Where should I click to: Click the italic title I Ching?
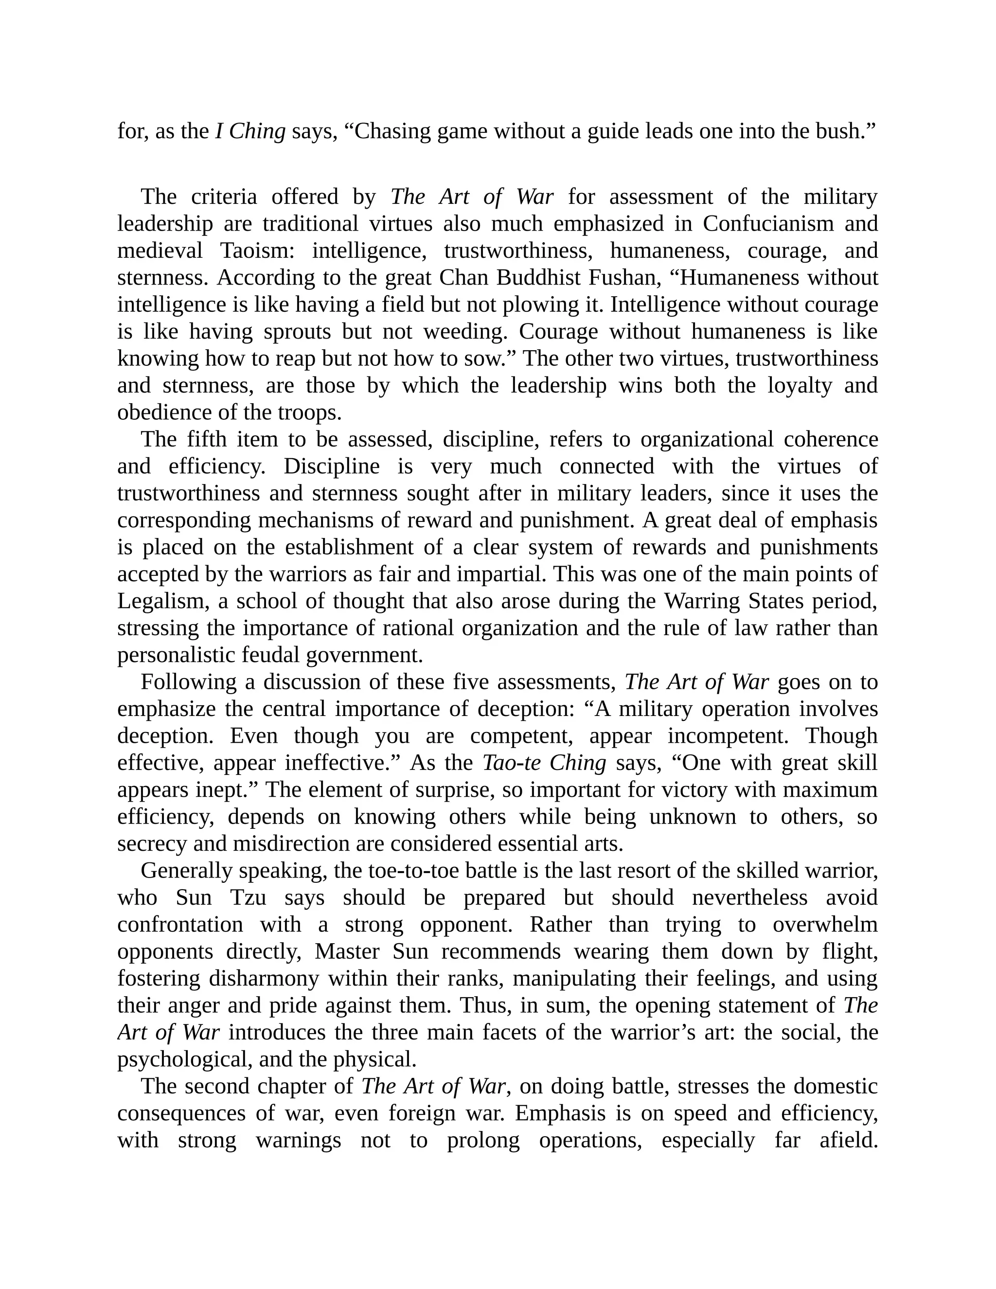(250, 131)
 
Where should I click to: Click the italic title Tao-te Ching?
(544, 763)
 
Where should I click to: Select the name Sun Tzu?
(221, 898)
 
